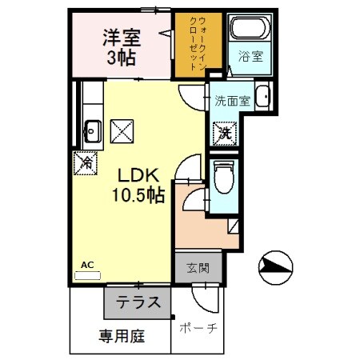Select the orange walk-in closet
pyautogui.click(x=198, y=45)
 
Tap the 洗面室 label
pyautogui.click(x=232, y=101)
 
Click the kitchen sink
pyautogui.click(x=91, y=128)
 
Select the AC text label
pyautogui.click(x=87, y=263)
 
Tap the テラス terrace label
pyautogui.click(x=138, y=303)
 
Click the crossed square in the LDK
pyautogui.click(x=122, y=128)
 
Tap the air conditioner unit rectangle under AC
pyautogui.click(x=87, y=274)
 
